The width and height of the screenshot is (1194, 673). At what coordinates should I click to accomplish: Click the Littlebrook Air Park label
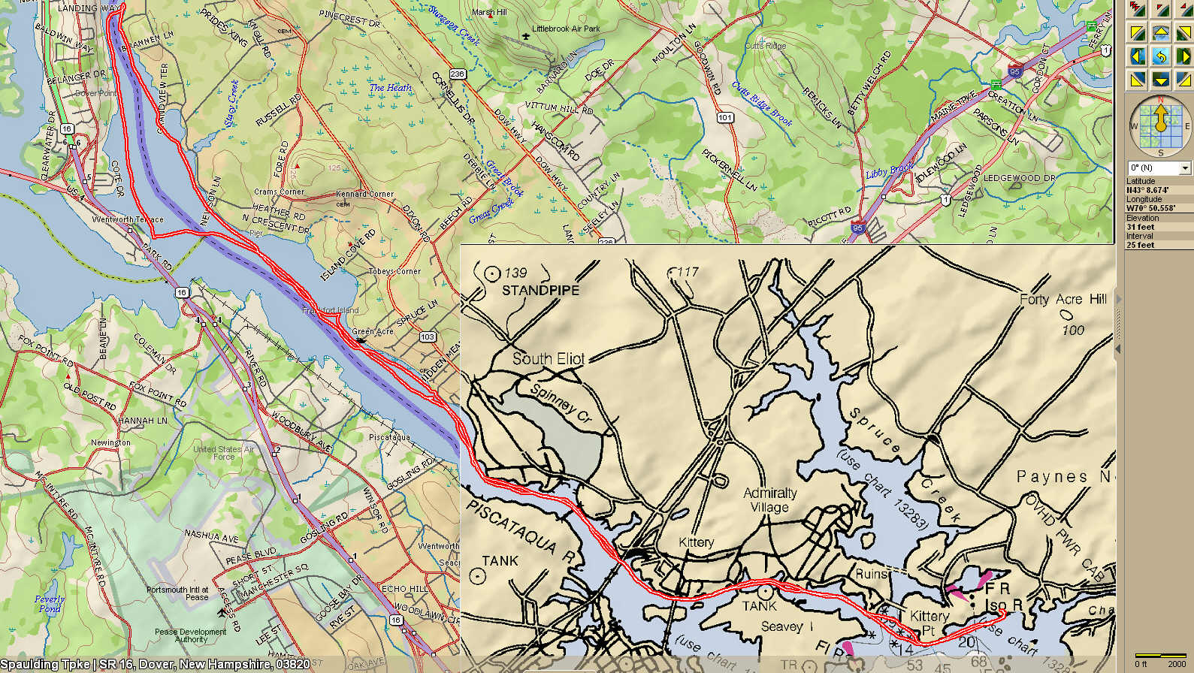(565, 29)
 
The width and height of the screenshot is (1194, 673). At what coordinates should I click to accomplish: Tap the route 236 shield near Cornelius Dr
(457, 74)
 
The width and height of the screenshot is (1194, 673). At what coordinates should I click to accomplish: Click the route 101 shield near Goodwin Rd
(724, 117)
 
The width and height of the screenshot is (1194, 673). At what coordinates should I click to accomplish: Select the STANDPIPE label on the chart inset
(540, 290)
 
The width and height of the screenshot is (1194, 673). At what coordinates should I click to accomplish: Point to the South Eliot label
(548, 359)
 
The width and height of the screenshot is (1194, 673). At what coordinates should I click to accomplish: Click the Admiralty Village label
(769, 499)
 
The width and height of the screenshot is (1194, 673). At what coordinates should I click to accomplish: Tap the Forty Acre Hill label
(1063, 299)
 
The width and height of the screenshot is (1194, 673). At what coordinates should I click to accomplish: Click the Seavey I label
(787, 626)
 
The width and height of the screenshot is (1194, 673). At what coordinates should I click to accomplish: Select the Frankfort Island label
(331, 310)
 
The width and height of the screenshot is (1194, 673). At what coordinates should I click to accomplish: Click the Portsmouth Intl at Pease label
(177, 593)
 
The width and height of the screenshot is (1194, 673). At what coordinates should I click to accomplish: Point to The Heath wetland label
(390, 88)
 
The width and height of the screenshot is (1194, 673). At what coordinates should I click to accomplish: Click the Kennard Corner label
(364, 194)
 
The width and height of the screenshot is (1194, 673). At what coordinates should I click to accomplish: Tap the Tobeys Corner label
(394, 271)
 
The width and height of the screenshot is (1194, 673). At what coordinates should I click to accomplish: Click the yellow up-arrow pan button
(1160, 32)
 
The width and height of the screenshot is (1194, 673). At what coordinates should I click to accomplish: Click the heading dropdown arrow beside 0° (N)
(1185, 167)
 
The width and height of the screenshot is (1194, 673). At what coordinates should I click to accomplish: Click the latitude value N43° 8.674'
(1147, 190)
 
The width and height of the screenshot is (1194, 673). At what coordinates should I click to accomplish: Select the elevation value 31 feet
(1140, 227)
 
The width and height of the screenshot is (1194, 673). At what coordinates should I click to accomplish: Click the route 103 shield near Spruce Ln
(427, 336)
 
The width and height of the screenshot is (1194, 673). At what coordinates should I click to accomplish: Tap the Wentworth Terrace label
(127, 219)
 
